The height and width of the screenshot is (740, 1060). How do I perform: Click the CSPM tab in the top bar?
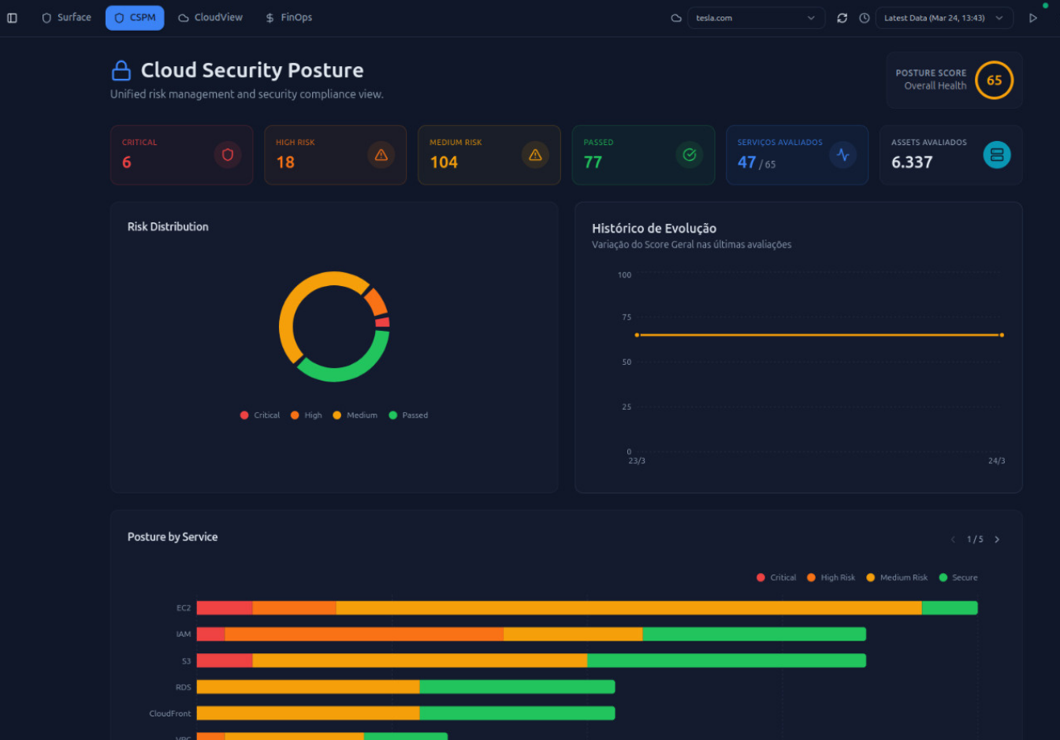pyautogui.click(x=135, y=17)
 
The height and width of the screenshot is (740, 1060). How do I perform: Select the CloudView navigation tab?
pyautogui.click(x=210, y=17)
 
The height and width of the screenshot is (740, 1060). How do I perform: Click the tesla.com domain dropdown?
pyautogui.click(x=755, y=18)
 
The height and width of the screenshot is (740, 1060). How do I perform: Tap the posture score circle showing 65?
pyautogui.click(x=994, y=80)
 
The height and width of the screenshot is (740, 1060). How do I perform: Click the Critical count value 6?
pyautogui.click(x=127, y=162)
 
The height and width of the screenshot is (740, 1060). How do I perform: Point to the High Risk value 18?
pyautogui.click(x=285, y=162)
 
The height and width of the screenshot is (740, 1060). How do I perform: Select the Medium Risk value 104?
pyautogui.click(x=444, y=162)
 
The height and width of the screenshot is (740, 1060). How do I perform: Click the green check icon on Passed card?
pyautogui.click(x=689, y=154)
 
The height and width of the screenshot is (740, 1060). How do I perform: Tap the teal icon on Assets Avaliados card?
pyautogui.click(x=996, y=154)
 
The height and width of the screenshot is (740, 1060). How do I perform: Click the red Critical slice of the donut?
pyautogui.click(x=382, y=322)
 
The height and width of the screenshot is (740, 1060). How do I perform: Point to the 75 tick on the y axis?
pyautogui.click(x=627, y=318)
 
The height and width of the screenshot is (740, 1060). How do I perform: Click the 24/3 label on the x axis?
pyautogui.click(x=996, y=461)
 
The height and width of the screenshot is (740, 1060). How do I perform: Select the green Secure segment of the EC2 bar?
pyautogui.click(x=949, y=608)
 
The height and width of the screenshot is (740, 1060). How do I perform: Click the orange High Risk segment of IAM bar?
pyautogui.click(x=363, y=634)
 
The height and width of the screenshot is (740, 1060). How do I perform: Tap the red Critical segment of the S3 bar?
pyautogui.click(x=224, y=660)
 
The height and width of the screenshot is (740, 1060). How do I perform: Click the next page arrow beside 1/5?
pyautogui.click(x=997, y=540)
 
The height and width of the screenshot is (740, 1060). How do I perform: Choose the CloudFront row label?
pyautogui.click(x=170, y=713)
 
